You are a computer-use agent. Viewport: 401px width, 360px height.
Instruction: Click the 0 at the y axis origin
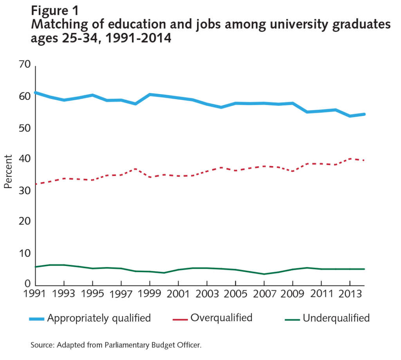(x=28, y=284)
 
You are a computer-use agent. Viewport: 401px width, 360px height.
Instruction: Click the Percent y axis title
(x=8, y=171)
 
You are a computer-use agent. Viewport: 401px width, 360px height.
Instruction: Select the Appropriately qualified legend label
(x=99, y=318)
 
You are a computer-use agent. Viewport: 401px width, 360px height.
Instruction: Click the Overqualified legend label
(x=221, y=318)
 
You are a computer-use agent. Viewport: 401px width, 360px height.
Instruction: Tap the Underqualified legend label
(x=336, y=318)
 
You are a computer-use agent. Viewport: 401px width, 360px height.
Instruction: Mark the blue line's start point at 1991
(x=36, y=92)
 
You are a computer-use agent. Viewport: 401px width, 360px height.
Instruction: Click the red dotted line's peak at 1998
(x=135, y=169)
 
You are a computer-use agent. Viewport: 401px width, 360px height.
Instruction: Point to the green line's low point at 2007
(x=264, y=274)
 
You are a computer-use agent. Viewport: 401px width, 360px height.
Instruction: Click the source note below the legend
(x=116, y=345)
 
